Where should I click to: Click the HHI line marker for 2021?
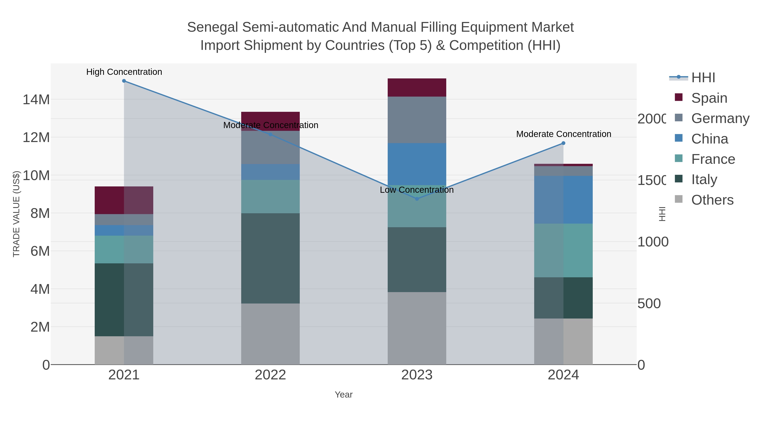(124, 81)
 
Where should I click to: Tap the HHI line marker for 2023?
(417, 199)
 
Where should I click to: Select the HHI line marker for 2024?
(563, 143)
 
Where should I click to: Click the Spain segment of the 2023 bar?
(417, 88)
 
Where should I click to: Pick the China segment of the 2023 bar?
(417, 164)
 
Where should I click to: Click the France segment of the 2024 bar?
(563, 250)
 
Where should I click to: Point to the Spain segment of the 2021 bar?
(124, 200)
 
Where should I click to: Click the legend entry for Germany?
(720, 118)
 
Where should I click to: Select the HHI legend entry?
(703, 78)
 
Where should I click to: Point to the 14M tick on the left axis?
(36, 100)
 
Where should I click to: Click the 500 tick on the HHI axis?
(649, 303)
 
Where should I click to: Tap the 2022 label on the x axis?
(270, 375)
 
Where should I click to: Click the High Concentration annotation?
(124, 72)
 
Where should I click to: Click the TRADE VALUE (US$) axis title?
(16, 214)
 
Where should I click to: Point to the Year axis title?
(344, 395)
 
